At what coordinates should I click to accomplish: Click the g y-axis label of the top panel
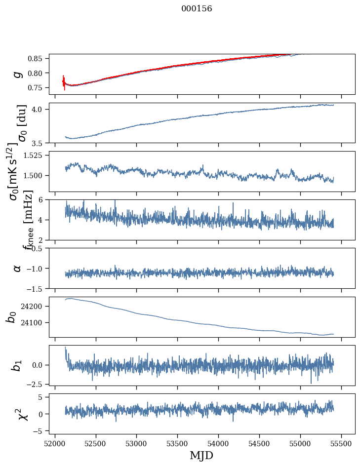[18, 74]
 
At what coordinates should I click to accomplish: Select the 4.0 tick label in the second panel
[40, 109]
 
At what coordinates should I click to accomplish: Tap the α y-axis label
[17, 268]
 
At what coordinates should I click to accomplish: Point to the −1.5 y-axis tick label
[36, 288]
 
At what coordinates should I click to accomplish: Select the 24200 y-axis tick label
[35, 307]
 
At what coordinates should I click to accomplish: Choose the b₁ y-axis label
[17, 365]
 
